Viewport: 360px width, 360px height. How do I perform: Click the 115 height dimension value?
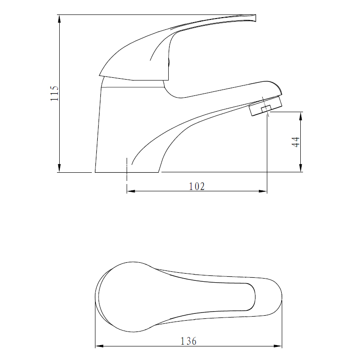[55, 94]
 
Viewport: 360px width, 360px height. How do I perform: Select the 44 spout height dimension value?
[296, 142]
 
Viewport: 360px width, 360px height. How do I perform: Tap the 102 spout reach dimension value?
[197, 186]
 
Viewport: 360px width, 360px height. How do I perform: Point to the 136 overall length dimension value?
[189, 341]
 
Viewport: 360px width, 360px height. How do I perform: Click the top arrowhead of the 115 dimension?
[59, 19]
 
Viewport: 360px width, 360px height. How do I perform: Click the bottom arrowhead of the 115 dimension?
[59, 168]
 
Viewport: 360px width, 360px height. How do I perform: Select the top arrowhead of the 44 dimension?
[301, 116]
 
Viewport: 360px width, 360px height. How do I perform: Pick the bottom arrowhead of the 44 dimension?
[301, 168]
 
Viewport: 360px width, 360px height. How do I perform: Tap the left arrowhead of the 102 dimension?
[131, 191]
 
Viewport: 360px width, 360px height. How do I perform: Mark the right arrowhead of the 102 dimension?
[263, 191]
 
